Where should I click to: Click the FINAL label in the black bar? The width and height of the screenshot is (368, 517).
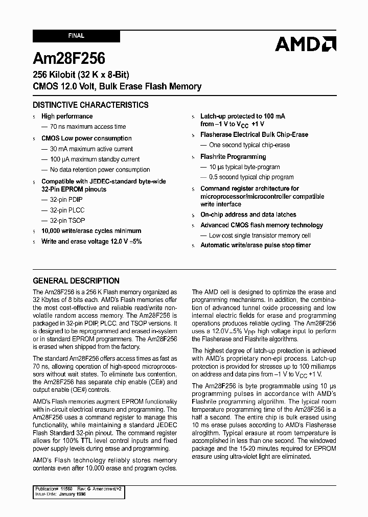coord(76,36)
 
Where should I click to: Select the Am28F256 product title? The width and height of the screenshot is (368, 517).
coord(69,58)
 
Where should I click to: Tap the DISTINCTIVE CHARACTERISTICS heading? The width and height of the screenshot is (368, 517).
coord(90,105)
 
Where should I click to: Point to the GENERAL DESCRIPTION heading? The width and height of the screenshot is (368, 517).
coord(76,280)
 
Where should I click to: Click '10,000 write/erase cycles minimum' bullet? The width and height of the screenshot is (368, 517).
coord(91,231)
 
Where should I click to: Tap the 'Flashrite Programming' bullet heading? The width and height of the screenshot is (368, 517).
coord(233,157)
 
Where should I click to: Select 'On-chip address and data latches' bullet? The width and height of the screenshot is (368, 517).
coord(248,215)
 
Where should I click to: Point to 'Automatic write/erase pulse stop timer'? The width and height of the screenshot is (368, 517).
coord(255,245)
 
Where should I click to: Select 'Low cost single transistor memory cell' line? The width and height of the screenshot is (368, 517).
coord(259,236)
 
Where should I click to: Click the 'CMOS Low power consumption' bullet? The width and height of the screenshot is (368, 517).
coord(86,138)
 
